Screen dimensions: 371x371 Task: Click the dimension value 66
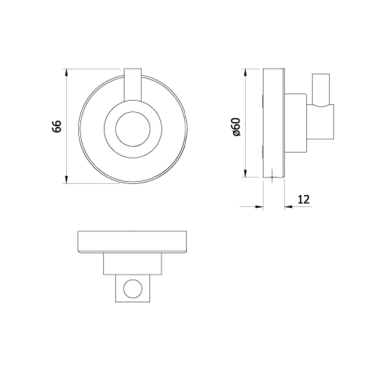tap(57, 126)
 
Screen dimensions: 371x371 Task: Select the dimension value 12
tap(304, 200)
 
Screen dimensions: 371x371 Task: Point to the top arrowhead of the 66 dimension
tap(67, 72)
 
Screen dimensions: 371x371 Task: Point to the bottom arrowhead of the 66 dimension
tap(67, 180)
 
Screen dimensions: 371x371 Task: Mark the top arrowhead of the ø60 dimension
tap(245, 72)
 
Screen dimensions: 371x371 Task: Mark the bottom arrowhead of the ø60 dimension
tap(245, 174)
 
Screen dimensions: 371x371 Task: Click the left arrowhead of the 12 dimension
tap(259, 207)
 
